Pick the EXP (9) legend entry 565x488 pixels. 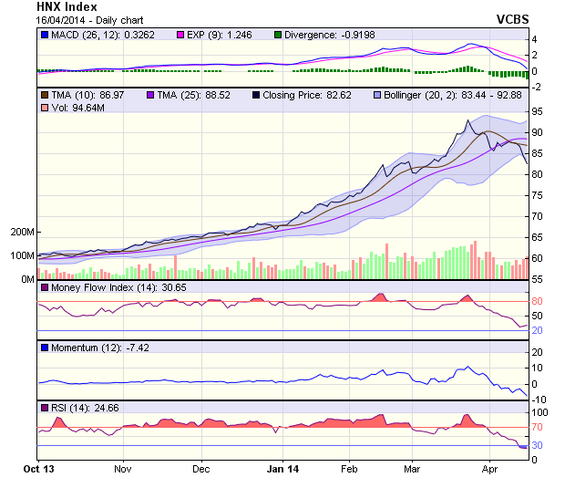click(220, 35)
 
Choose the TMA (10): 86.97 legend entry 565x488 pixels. click(83, 94)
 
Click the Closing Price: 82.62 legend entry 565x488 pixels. click(306, 94)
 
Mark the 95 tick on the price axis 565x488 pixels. click(538, 111)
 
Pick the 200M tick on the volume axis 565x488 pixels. click(20, 233)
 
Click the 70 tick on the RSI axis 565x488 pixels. click(538, 426)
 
